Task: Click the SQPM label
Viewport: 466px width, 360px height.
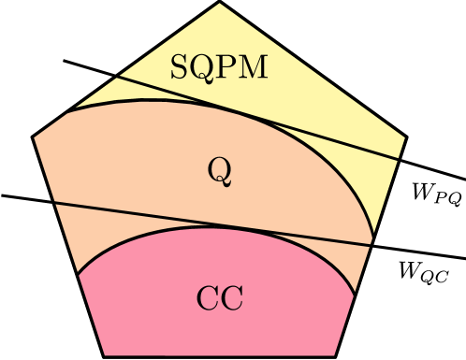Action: coord(219,67)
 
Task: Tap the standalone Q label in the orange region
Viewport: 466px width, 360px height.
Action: coord(220,170)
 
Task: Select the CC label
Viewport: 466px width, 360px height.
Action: coord(220,299)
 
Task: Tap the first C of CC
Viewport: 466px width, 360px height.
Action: coord(208,299)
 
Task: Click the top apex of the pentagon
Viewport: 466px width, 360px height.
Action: coord(220,3)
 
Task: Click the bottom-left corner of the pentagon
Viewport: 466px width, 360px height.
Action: coord(104,356)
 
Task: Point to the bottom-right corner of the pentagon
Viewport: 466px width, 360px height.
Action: coord(336,356)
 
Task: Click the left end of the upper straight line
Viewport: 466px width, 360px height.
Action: coord(116,77)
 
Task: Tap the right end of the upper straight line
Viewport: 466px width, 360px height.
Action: coord(399,159)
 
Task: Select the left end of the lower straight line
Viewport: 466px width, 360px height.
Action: coord(55,202)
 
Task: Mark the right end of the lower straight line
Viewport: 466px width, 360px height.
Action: coord(371,244)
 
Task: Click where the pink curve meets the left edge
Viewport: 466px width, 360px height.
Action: coord(78,275)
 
